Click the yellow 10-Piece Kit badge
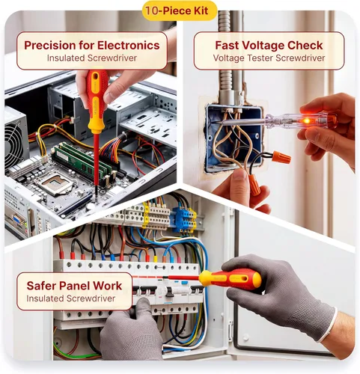click(x=180, y=10)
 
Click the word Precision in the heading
click(x=49, y=46)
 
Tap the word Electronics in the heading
click(x=129, y=46)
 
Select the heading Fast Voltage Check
click(x=269, y=46)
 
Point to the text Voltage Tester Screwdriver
click(x=269, y=58)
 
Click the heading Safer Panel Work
click(x=74, y=286)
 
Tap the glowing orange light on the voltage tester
click(x=307, y=121)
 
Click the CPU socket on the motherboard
click(x=55, y=184)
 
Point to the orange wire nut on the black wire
click(x=281, y=157)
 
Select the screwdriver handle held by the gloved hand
click(x=230, y=279)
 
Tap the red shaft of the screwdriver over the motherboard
click(x=97, y=159)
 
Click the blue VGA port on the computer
click(x=17, y=220)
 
